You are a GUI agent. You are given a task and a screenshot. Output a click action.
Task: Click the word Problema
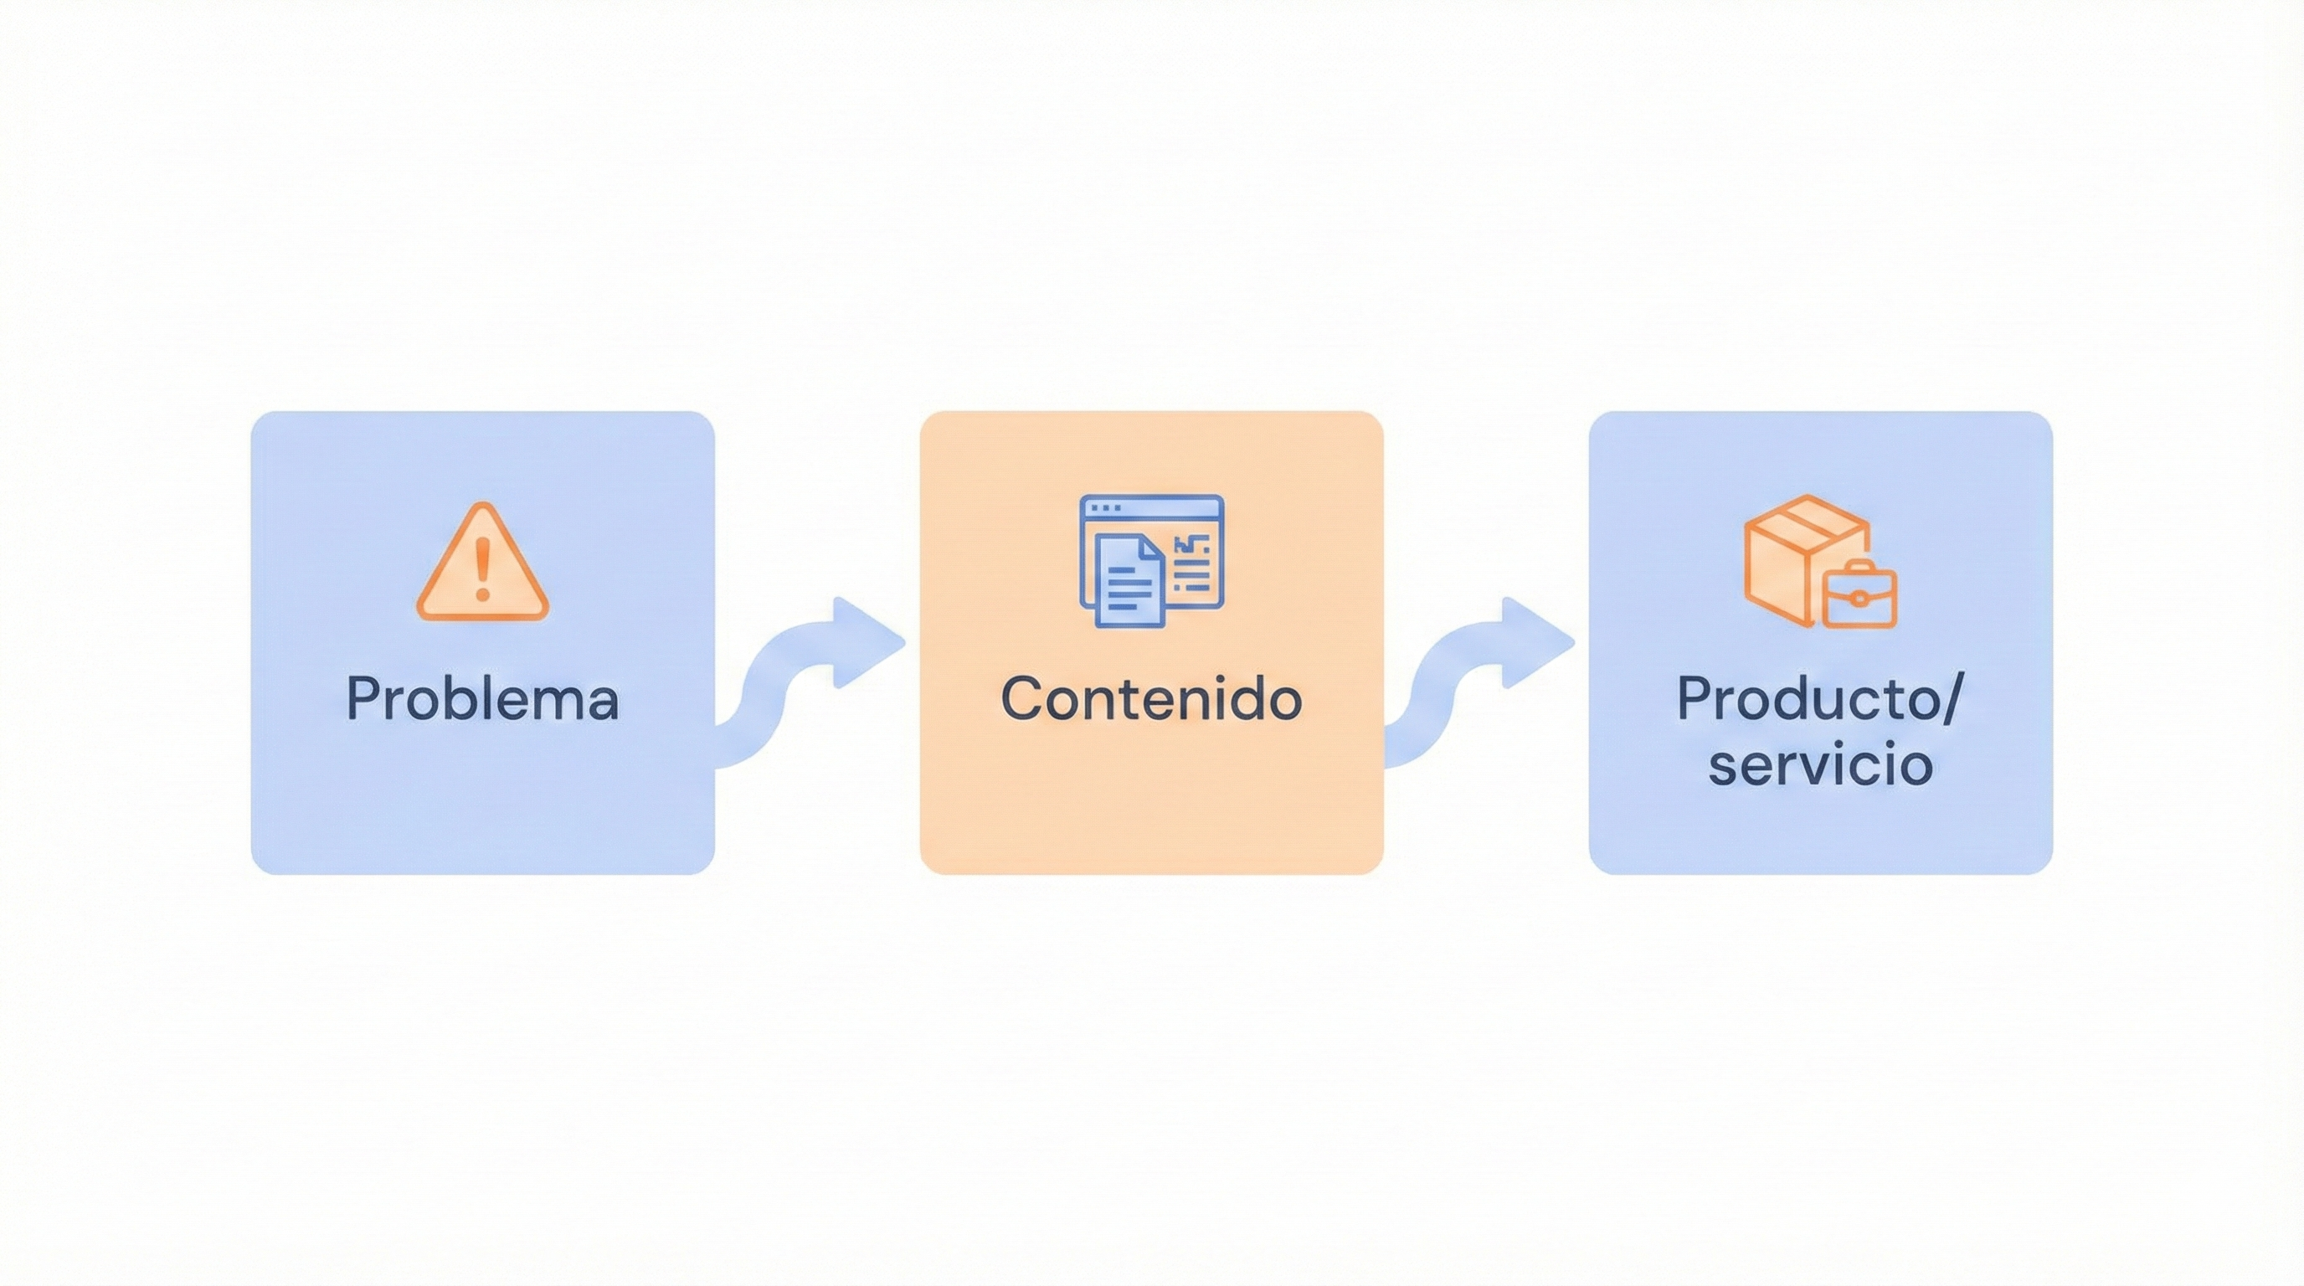pyautogui.click(x=482, y=698)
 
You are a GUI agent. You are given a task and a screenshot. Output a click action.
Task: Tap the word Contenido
pyautogui.click(x=1151, y=698)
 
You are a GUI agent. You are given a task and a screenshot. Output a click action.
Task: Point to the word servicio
pyautogui.click(x=1820, y=765)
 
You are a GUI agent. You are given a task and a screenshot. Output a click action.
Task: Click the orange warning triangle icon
pyautogui.click(x=482, y=563)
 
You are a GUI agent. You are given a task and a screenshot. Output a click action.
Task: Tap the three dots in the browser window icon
pyautogui.click(x=1105, y=507)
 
